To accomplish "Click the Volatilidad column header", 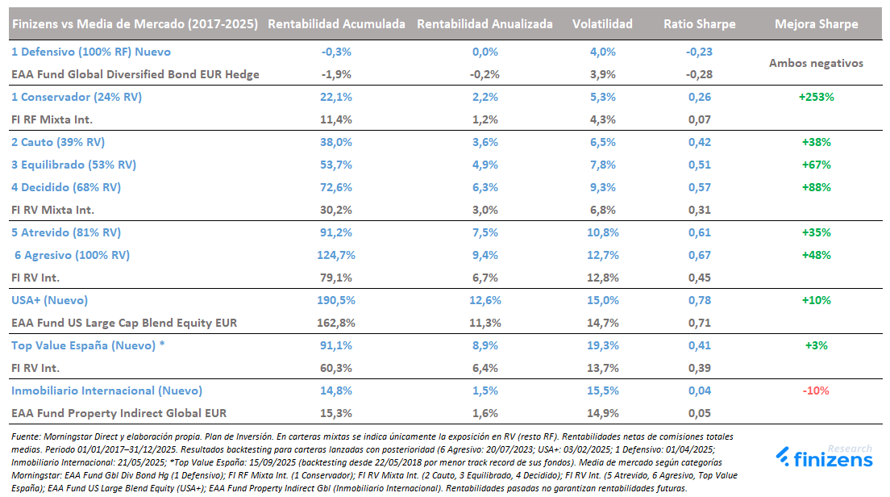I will [602, 24].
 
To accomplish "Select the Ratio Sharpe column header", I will [699, 24].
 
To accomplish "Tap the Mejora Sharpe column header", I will [816, 24].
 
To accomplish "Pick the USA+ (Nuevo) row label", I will [49, 300].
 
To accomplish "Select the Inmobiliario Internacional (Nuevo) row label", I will [106, 390].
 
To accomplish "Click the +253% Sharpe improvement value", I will [816, 97].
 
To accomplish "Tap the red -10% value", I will [816, 390].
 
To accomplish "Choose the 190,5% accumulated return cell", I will [336, 300].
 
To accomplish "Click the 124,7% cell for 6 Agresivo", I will [336, 255].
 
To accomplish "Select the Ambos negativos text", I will [816, 63].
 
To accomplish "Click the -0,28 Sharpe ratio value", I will [699, 74].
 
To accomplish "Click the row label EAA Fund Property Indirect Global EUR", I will [119, 413].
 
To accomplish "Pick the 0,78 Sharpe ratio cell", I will [699, 300].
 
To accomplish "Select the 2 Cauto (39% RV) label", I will [58, 142].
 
